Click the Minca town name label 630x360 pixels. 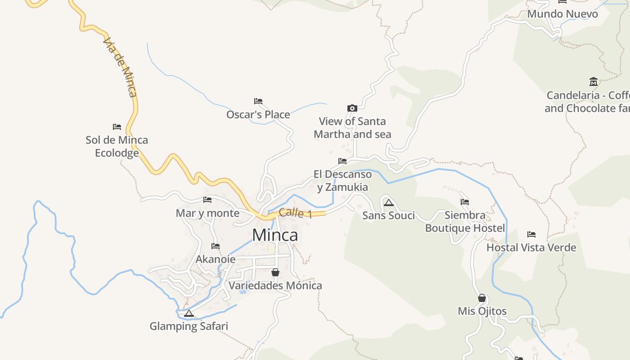(x=275, y=235)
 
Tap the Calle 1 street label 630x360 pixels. (x=295, y=213)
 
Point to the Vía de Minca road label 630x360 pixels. (x=120, y=67)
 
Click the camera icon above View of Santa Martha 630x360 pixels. (x=352, y=108)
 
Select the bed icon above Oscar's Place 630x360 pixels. (x=258, y=101)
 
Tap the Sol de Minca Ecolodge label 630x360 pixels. (x=117, y=146)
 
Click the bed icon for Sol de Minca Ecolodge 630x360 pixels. (x=117, y=127)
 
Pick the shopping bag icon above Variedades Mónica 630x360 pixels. (x=275, y=272)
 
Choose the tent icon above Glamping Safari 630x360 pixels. (x=189, y=313)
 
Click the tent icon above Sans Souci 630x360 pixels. (x=389, y=202)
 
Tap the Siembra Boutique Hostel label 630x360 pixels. (x=465, y=221)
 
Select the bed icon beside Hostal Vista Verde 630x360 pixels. (x=531, y=234)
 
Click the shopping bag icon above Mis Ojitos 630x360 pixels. (x=482, y=298)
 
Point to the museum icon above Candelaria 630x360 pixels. (x=594, y=82)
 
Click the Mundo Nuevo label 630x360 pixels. (x=562, y=14)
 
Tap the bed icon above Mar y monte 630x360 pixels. (x=207, y=200)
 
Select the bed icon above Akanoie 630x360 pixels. (x=216, y=246)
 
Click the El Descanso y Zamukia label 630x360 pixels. (x=342, y=180)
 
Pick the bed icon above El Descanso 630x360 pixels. (x=342, y=161)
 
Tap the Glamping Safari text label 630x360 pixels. (x=189, y=326)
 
